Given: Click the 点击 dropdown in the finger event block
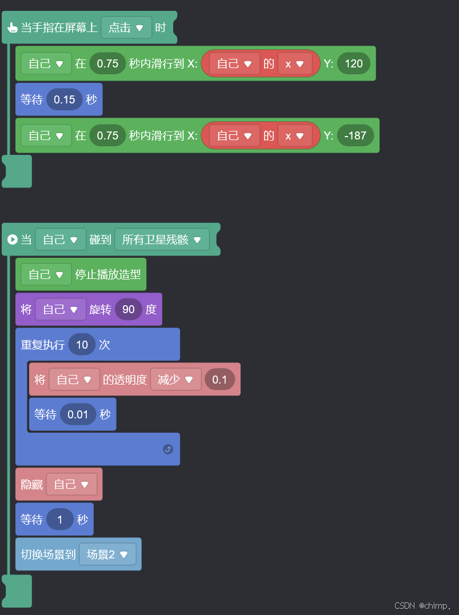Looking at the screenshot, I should (x=126, y=27).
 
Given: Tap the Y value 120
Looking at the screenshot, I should (x=354, y=63).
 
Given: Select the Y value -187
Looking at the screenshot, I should (x=355, y=135).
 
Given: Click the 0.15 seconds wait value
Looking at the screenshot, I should (x=65, y=99).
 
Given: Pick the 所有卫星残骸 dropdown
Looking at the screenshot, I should (x=162, y=239).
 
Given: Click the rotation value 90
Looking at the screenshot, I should (x=129, y=309).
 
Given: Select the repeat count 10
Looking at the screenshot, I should (x=82, y=345).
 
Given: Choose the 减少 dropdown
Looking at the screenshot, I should (x=175, y=380).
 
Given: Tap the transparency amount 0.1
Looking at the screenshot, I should (x=219, y=380).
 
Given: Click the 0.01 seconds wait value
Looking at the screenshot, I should (x=78, y=414).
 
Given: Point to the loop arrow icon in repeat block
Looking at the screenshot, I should (x=168, y=449).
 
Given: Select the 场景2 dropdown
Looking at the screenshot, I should (x=107, y=554).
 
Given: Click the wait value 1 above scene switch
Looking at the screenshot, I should (x=60, y=519).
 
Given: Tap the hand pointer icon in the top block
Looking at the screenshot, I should (x=13, y=27).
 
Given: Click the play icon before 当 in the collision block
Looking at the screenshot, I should (x=13, y=239).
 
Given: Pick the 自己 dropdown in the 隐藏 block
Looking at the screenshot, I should (x=71, y=484).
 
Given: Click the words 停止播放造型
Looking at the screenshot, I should (x=108, y=274).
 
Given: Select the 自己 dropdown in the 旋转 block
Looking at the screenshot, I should (x=61, y=309).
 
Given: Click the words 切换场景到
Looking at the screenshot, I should (x=48, y=554).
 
